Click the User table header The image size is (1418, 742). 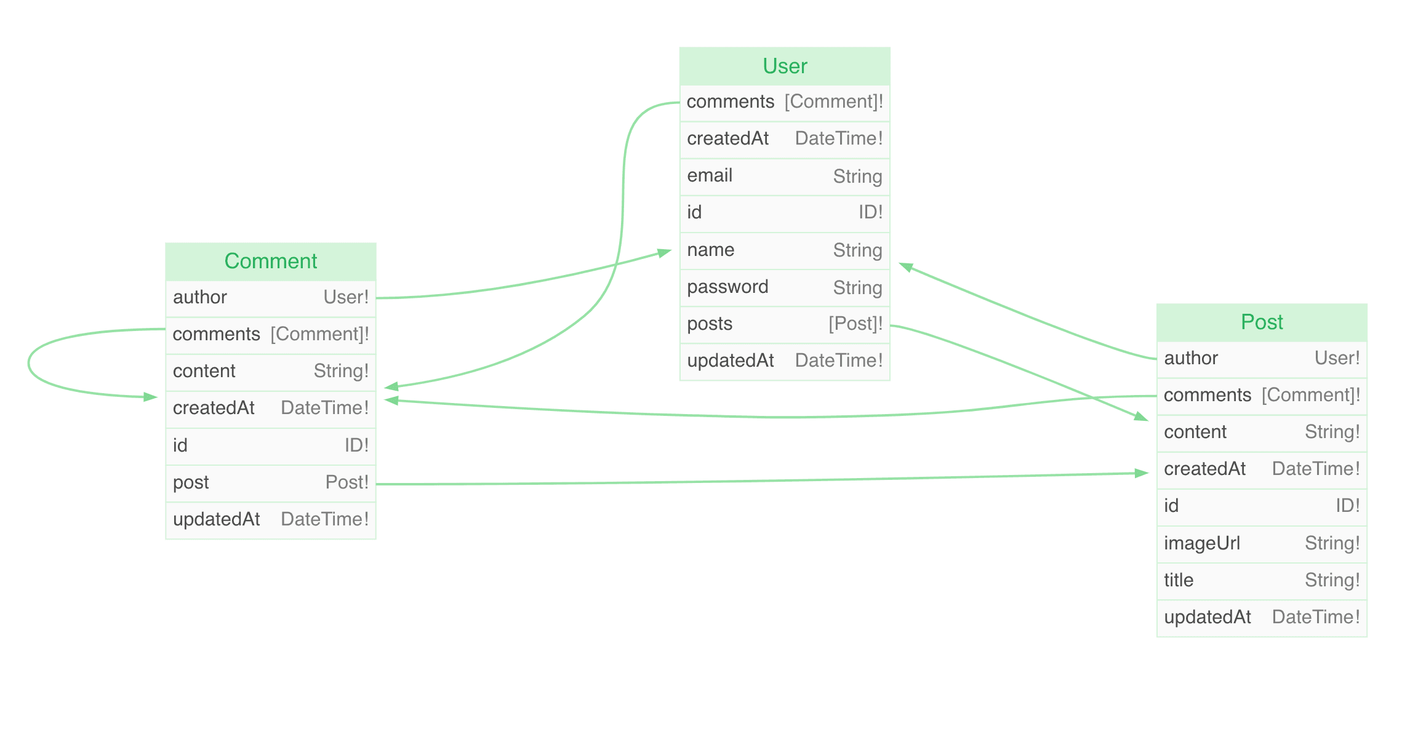point(785,66)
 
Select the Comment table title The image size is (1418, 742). point(271,261)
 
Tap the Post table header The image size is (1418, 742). point(1262,322)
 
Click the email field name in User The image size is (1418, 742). point(710,175)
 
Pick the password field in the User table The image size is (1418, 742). point(727,287)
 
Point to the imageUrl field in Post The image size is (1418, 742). point(1201,543)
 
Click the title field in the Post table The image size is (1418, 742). point(1178,580)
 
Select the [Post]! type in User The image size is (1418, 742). point(855,324)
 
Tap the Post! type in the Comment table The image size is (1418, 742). point(347,482)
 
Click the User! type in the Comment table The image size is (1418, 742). point(346,297)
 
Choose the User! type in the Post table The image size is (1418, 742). point(1337,358)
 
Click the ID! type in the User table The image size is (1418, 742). point(871,212)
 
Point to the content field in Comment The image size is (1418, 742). point(204,371)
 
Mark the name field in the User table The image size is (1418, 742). point(711,250)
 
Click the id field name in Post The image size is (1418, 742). point(1171,506)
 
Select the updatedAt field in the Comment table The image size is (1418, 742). point(217,519)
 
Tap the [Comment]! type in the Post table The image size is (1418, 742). point(1311,395)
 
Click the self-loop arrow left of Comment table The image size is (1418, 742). point(29,363)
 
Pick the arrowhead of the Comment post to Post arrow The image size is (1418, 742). point(1142,473)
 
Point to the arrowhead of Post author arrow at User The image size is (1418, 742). point(905,266)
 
